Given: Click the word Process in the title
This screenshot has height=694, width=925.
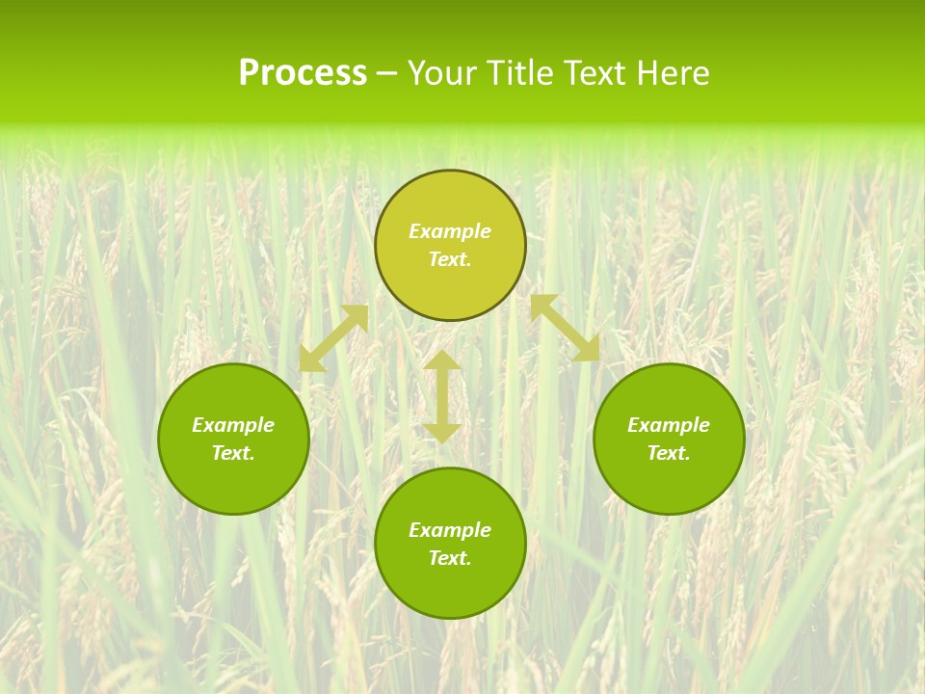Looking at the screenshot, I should (303, 73).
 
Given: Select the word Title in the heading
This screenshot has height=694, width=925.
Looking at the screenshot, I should (522, 73).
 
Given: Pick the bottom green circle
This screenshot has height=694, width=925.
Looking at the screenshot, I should (450, 588).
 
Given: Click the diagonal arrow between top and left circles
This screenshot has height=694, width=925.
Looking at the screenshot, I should (333, 338).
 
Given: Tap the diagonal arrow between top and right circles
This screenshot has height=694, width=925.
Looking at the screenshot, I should (565, 328).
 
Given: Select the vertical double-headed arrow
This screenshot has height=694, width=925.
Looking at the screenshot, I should (442, 396).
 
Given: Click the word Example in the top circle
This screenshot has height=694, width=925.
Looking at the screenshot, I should (450, 231).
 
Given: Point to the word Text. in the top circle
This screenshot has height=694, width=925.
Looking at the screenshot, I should (450, 259).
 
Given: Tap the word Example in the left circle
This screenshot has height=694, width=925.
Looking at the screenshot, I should (233, 425).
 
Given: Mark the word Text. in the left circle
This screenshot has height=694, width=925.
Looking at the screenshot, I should (233, 453).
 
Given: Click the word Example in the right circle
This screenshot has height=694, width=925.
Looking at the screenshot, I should (669, 425).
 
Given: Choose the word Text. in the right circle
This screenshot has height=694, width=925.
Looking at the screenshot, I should (669, 453).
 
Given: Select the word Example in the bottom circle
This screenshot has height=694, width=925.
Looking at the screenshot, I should (450, 530).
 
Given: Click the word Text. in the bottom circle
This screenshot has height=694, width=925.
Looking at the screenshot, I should (450, 558).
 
